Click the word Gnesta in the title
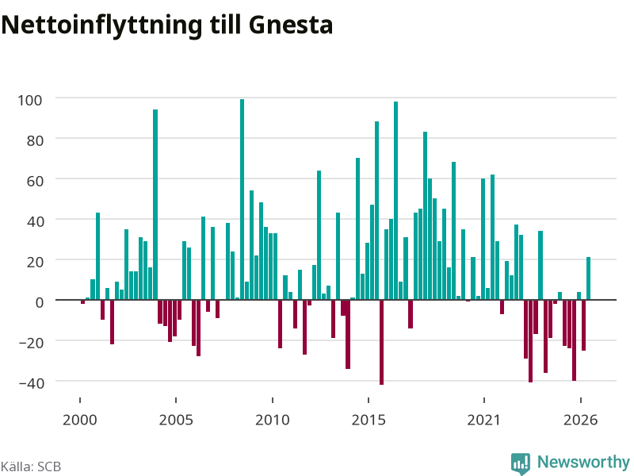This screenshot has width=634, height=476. tap(291, 25)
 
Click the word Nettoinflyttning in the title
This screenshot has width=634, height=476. tap(101, 26)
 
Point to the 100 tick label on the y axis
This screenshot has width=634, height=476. tap(29, 100)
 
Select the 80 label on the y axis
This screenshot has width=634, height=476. tap(34, 140)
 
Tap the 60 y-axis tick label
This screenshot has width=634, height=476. tap(34, 181)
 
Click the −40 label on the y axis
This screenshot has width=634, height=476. tap(32, 383)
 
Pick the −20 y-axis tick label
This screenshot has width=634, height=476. tap(32, 343)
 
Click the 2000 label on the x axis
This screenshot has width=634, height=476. tap(80, 420)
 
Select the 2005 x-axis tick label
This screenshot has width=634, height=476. tap(176, 420)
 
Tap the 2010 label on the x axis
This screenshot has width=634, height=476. tap(273, 420)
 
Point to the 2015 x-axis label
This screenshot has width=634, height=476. tap(369, 420)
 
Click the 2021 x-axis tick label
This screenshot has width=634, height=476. tap(483, 420)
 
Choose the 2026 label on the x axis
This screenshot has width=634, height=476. tap(580, 420)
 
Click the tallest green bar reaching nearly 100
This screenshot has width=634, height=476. tap(243, 200)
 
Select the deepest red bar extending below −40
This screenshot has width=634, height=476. tap(381, 342)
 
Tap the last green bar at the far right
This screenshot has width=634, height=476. tap(588, 278)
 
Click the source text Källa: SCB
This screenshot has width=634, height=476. tap(31, 466)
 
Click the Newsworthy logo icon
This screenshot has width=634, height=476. tap(521, 463)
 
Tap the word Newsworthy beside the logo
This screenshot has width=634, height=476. tap(583, 462)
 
